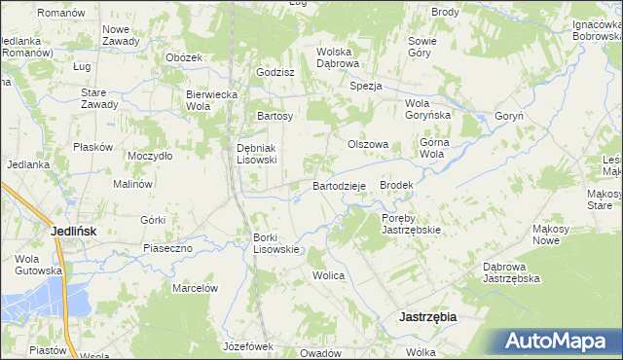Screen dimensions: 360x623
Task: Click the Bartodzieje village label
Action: pos(339,186)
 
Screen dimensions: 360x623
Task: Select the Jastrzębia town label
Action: pos(428,317)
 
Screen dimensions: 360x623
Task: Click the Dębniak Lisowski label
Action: pos(258,154)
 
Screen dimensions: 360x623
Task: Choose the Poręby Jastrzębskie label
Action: pos(412,224)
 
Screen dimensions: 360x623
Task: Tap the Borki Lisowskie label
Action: pos(276,243)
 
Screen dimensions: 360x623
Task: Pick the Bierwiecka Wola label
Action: pos(212,100)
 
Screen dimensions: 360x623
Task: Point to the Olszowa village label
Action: pos(369,144)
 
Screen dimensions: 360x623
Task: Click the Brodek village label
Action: pos(397,185)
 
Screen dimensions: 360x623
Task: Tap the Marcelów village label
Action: pos(194,288)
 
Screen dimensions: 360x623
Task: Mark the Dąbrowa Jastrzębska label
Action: pos(512,271)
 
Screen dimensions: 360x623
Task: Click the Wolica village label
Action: pos(329,275)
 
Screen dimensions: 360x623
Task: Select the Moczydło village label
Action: pos(150,155)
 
